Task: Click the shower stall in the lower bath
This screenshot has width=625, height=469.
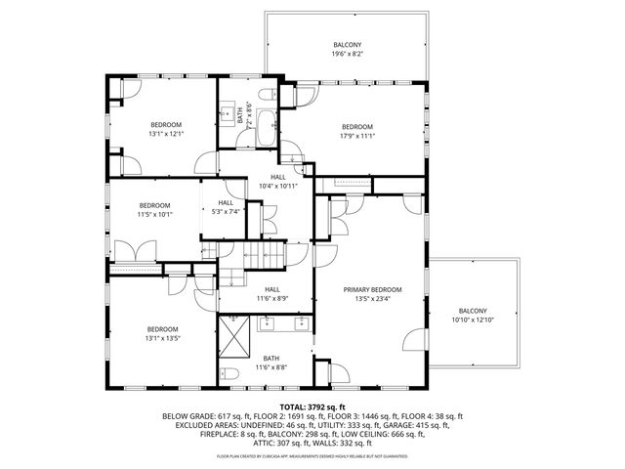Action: click(x=235, y=341)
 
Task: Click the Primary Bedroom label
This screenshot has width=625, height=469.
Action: click(x=372, y=290)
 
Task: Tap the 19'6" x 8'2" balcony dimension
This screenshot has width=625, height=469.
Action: click(x=347, y=56)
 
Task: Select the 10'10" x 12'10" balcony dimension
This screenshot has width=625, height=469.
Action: click(x=474, y=320)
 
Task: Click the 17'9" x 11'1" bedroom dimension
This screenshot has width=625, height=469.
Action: click(x=357, y=136)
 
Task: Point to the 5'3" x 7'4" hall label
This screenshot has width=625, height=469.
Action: click(x=226, y=211)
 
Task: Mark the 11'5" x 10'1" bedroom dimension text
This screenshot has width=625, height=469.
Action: click(x=153, y=214)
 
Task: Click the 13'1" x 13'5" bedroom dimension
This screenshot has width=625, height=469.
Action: click(x=163, y=338)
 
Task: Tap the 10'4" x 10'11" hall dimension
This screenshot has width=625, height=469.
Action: click(x=278, y=186)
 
